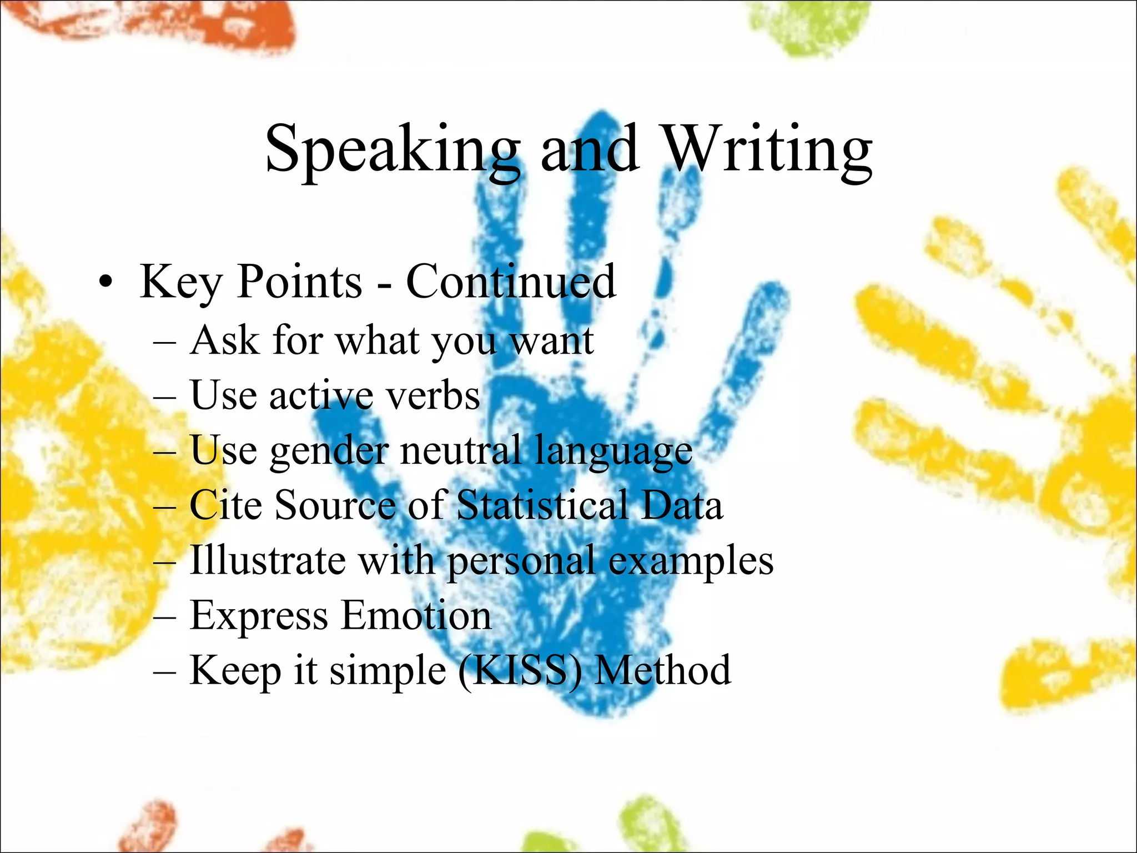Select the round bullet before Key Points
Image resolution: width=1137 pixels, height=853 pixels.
click(x=105, y=283)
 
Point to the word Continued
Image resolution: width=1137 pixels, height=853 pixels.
click(x=511, y=282)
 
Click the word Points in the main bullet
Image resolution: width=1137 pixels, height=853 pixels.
click(x=300, y=282)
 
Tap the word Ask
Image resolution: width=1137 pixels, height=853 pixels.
click(x=224, y=340)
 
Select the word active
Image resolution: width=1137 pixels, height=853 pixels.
click(x=321, y=395)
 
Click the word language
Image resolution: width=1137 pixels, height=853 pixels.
click(x=613, y=451)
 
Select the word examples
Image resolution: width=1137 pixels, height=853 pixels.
click(x=691, y=560)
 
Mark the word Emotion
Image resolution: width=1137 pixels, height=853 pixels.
click(x=416, y=615)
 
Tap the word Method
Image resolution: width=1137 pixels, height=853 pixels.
click(x=663, y=670)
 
